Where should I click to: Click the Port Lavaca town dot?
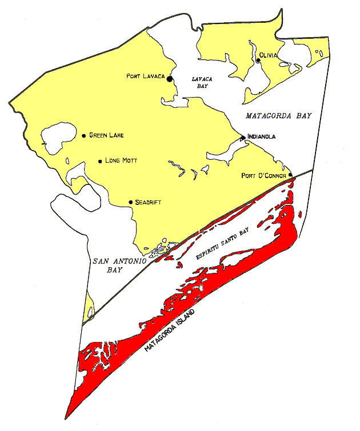(170, 79)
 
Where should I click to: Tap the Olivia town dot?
(258, 60)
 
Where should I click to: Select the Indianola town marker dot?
(243, 138)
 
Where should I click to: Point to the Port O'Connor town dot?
(290, 175)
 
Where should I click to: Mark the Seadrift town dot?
(131, 202)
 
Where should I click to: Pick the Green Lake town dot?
(84, 135)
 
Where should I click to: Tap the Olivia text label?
(269, 55)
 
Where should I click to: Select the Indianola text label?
(262, 137)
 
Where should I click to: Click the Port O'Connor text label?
(263, 175)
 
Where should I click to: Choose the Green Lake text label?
(106, 135)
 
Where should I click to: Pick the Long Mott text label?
(122, 161)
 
